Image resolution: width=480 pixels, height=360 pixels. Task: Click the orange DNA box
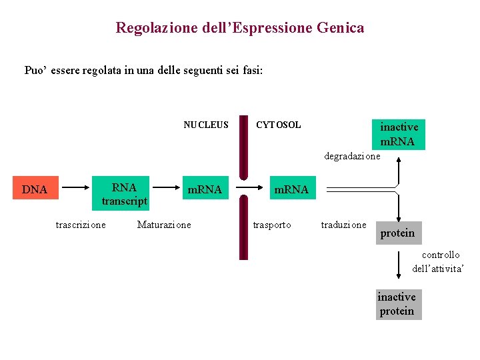pos(35,189)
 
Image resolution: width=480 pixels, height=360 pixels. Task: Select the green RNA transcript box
pos(125,194)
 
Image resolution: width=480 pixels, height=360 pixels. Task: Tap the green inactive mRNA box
pos(399,134)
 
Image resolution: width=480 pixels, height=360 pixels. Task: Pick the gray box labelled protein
pos(398,233)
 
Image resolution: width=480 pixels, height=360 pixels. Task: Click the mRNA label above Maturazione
pos(205,189)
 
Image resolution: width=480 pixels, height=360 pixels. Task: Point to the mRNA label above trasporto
pos(291,189)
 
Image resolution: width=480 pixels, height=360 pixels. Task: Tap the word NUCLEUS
pos(206,125)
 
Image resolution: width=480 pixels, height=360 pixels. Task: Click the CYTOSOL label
pos(279,125)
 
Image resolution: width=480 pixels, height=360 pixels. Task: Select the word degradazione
pos(352,156)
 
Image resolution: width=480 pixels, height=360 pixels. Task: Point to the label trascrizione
pos(80,225)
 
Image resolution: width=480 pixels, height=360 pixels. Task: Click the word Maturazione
pos(164,225)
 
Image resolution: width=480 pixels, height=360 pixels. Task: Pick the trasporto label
pos(272,225)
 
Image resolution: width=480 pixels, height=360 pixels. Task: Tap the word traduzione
pos(343,225)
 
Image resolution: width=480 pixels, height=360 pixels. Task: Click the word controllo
pos(441,255)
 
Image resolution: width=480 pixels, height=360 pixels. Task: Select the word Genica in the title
pos(341,28)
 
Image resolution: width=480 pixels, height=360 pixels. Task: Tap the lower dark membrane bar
pos(244,227)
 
